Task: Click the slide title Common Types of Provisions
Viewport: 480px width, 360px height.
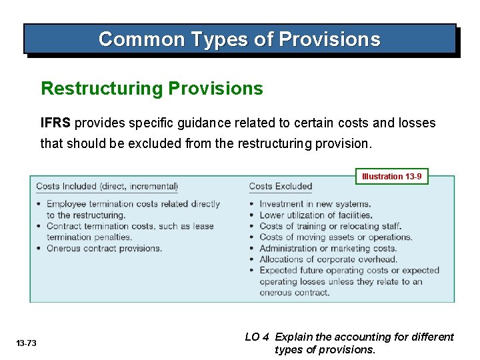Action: pos(239,39)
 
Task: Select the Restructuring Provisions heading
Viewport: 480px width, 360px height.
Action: pos(152,89)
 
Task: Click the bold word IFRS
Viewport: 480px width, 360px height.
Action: pos(56,123)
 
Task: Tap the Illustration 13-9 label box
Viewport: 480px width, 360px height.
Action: pos(391,177)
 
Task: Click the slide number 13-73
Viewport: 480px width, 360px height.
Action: pos(27,343)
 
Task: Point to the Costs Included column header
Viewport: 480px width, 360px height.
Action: pos(107,187)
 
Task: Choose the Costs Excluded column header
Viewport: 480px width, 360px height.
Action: pos(280,187)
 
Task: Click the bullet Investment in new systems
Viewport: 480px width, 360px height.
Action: pos(315,204)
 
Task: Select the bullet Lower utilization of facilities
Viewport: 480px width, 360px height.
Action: pos(315,215)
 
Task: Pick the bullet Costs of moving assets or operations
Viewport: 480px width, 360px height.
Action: pos(335,237)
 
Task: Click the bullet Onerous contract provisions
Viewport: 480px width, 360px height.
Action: pos(104,248)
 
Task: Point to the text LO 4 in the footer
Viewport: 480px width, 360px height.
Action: pos(257,337)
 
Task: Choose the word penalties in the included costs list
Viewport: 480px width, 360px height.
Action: pos(113,237)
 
